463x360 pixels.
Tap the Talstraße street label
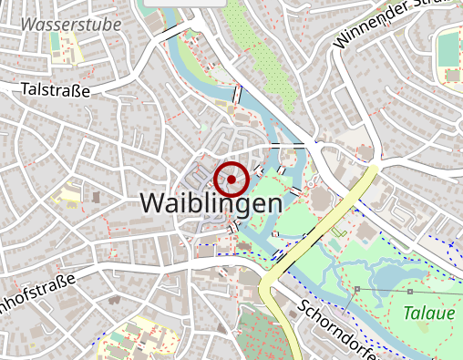(56, 89)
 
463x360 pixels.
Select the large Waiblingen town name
(211, 203)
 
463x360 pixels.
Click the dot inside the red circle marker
(231, 180)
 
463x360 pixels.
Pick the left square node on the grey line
(358, 289)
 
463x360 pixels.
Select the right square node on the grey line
(410, 292)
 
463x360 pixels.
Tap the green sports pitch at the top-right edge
(449, 50)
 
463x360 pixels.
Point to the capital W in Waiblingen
(156, 203)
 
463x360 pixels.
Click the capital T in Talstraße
(26, 89)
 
